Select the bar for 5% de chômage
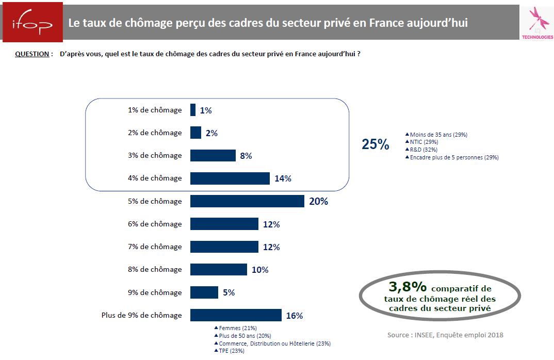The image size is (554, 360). (247, 201)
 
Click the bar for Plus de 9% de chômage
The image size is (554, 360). (236, 315)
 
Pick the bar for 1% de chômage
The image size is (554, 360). (193, 110)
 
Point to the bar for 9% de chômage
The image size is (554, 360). (204, 292)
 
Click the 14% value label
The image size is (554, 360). (283, 178)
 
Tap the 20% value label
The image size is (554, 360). (318, 201)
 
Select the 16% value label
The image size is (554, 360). (294, 316)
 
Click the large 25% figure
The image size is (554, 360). (375, 144)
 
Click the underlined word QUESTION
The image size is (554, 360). (32, 54)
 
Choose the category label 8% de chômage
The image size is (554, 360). (155, 270)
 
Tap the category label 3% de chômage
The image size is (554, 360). (155, 155)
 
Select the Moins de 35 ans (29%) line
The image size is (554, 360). (438, 135)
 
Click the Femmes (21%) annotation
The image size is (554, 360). (237, 328)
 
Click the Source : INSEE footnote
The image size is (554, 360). (445, 335)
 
